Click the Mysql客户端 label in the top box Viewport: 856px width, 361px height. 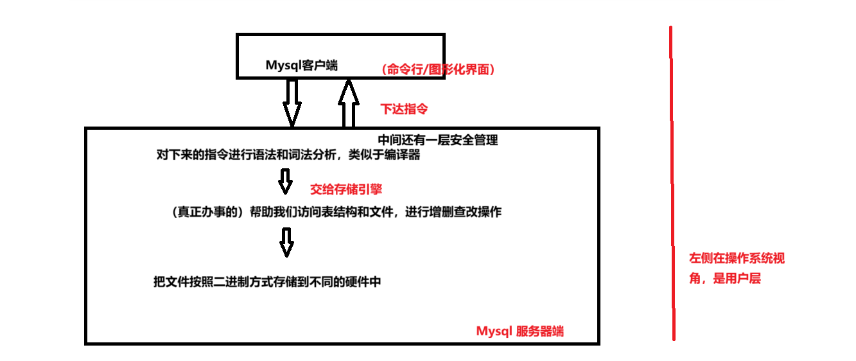coord(301,66)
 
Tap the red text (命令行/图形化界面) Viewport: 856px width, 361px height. coord(438,70)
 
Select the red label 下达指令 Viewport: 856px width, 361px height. coord(404,109)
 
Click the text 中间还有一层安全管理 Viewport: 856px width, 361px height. coord(437,140)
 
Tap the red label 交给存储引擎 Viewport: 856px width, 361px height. coord(346,189)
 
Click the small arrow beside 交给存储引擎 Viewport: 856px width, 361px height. coord(285,181)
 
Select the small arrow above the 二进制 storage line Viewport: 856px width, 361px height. coord(286,243)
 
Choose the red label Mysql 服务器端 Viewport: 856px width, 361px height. coord(520,331)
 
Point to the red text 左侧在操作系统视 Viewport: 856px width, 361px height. coord(737,259)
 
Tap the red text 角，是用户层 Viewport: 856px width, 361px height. coord(724,279)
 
